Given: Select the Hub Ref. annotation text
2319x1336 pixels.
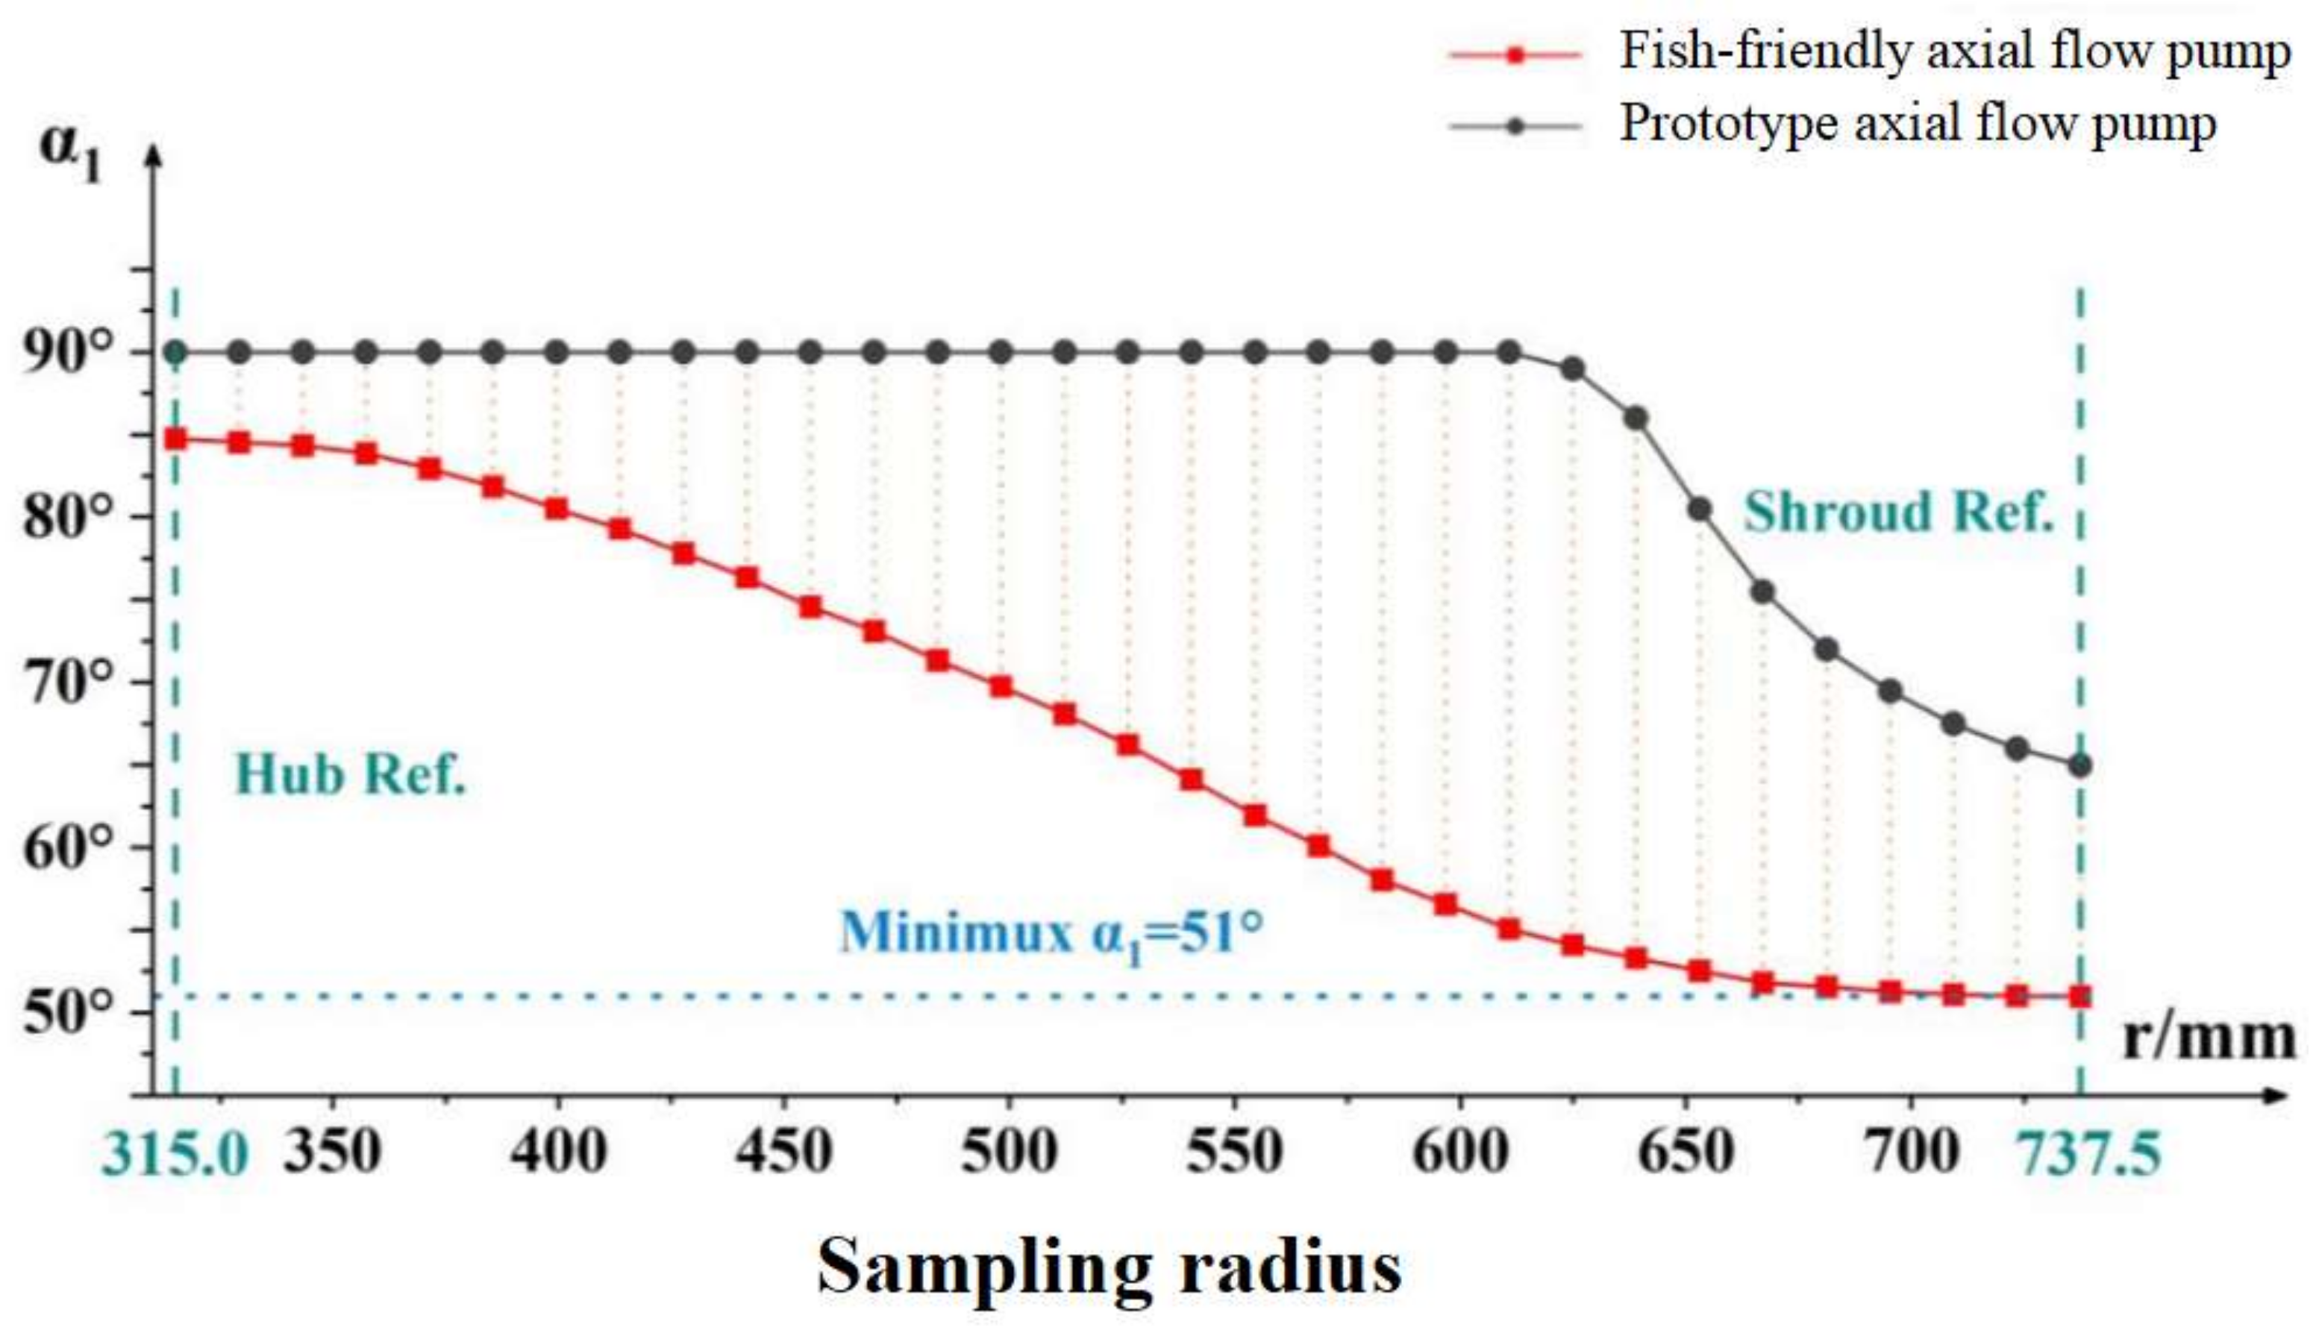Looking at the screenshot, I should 351,775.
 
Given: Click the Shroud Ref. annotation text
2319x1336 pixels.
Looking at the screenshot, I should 1897,512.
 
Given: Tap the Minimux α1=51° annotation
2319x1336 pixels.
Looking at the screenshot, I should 1051,932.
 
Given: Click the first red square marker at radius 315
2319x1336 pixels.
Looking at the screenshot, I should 175,439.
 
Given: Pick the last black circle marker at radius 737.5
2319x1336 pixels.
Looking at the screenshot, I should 2080,765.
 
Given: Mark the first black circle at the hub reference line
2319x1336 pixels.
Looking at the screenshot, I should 175,351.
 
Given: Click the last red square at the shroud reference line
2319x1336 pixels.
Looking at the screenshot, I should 2080,996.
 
